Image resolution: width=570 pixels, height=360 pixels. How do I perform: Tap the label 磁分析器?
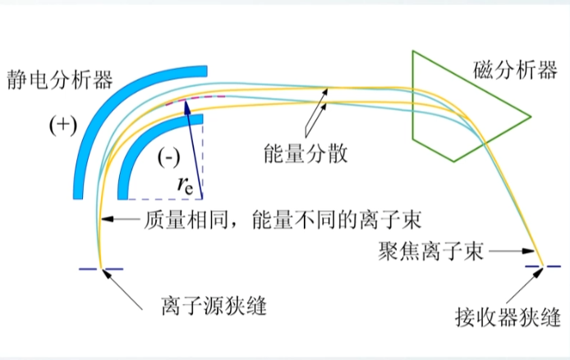click(515, 71)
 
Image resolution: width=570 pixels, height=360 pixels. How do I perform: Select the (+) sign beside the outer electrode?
click(61, 126)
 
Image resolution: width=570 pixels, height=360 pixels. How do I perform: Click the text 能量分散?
click(302, 153)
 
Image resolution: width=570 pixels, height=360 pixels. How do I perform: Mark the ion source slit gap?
click(100, 269)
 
